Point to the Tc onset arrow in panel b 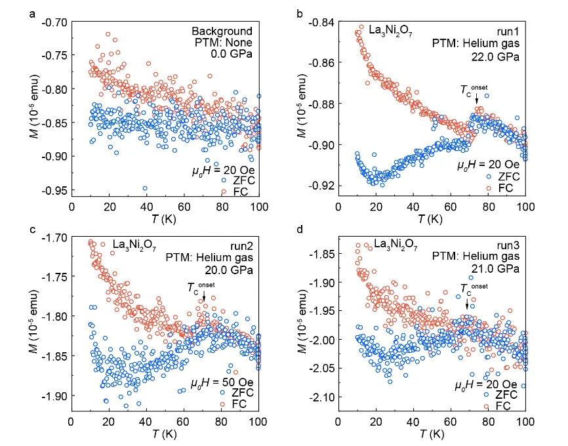476,98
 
